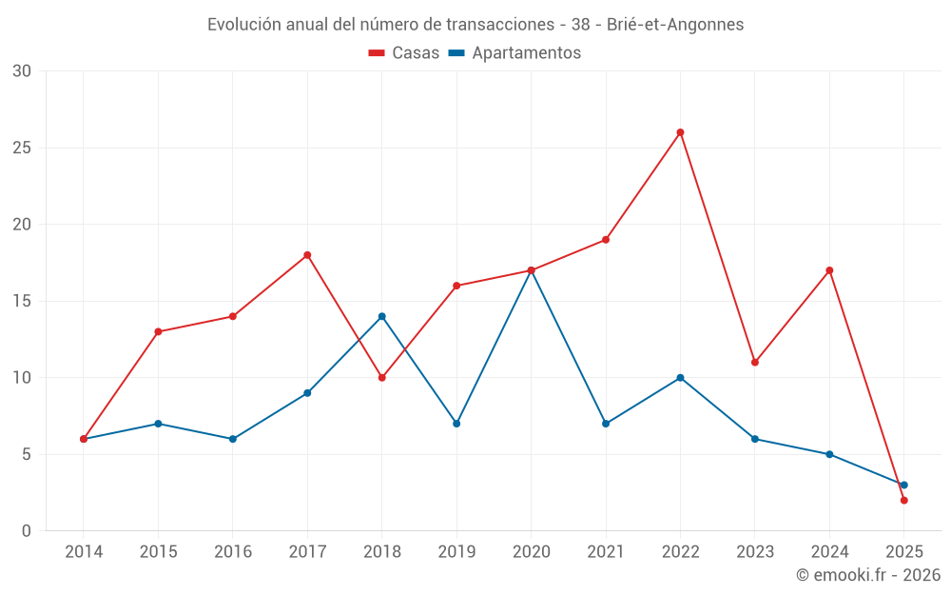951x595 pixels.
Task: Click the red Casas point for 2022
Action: (680, 132)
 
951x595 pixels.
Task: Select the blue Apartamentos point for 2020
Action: (531, 271)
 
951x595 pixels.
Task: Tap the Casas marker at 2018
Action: (381, 378)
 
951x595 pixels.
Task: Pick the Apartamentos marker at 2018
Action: (381, 316)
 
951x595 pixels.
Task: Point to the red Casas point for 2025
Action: (903, 500)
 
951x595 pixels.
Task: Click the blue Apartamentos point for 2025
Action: (903, 485)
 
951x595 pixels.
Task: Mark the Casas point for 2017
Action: (307, 255)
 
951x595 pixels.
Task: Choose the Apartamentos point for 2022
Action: (680, 378)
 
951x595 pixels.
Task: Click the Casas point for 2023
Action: (755, 363)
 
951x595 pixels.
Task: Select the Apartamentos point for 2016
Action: (232, 439)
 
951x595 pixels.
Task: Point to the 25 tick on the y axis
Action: (21, 148)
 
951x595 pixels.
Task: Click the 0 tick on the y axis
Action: (26, 531)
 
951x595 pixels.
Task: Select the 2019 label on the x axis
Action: (456, 552)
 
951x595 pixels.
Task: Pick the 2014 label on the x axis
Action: (84, 552)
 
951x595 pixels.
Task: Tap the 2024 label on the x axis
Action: (829, 552)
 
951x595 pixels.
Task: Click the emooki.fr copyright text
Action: (868, 575)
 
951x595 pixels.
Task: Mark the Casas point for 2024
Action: (829, 270)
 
